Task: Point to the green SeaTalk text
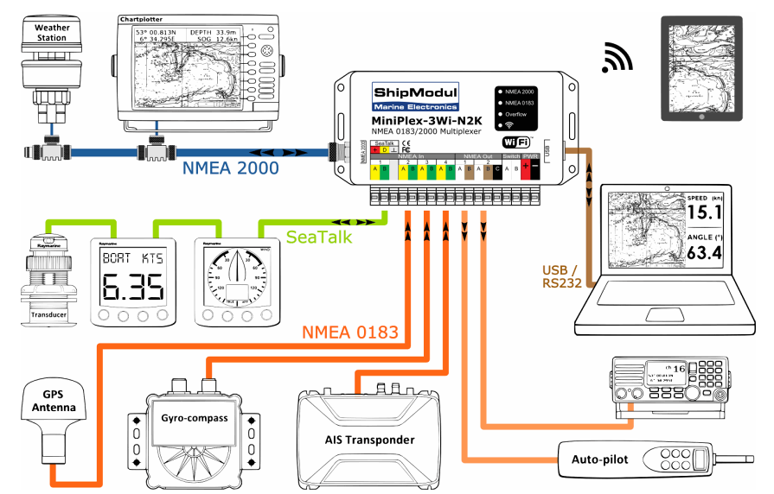coord(317,235)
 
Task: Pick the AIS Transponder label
coord(369,440)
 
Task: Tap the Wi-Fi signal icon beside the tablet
coord(617,58)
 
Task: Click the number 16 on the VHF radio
coord(680,370)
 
